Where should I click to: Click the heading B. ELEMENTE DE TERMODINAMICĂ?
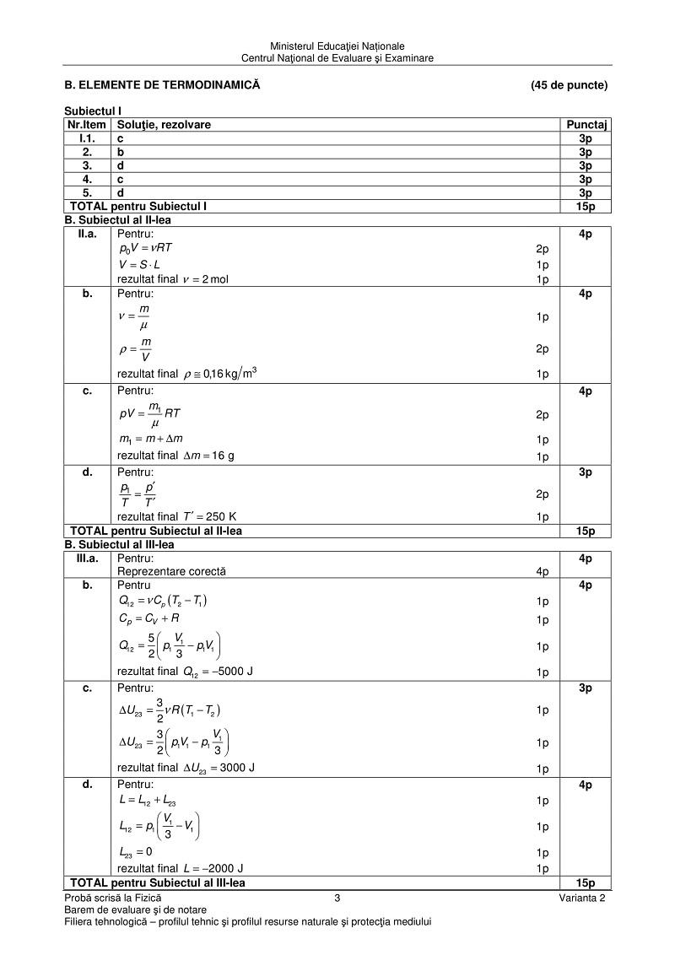tap(163, 85)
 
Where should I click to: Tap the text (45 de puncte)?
tap(569, 85)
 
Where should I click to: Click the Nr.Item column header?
tap(88, 125)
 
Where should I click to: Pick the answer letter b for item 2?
tap(121, 152)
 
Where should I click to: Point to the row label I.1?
tap(88, 138)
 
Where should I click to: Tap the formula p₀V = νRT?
tap(147, 248)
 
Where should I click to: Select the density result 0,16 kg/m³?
tap(220, 374)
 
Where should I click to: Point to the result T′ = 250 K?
tap(209, 516)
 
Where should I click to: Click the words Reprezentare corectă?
tap(171, 571)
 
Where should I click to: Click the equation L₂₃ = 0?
tap(136, 852)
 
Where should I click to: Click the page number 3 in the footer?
tap(337, 898)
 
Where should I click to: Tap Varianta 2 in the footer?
tap(581, 898)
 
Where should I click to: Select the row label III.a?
tap(88, 558)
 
